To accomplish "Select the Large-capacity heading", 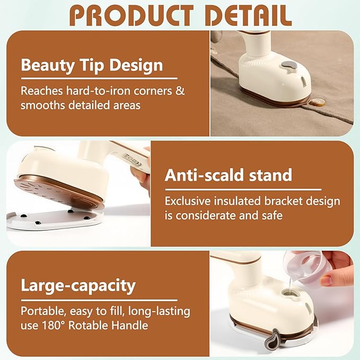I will point(78,286).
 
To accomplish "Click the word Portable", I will point(42,311).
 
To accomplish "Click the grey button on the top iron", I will point(288,67).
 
